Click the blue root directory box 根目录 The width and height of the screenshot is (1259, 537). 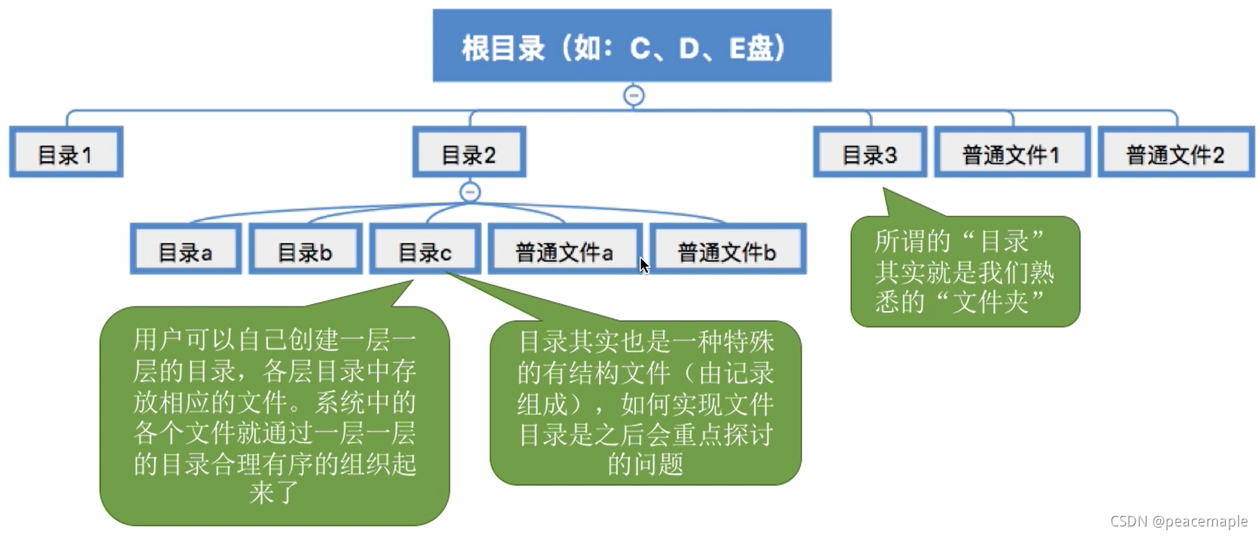[631, 45]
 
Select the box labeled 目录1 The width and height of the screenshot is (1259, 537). [66, 153]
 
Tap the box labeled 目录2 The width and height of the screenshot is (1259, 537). [469, 153]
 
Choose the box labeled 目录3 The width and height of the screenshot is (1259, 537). [869, 153]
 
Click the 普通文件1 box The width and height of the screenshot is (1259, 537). [1011, 153]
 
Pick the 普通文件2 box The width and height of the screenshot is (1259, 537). [1175, 153]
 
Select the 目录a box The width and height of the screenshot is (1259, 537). [185, 250]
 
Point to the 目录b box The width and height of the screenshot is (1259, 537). [305, 250]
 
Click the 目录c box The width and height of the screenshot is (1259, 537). [424, 250]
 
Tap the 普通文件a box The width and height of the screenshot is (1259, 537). [564, 250]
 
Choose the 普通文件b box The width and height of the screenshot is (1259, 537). [727, 250]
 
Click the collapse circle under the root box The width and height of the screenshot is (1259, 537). [634, 96]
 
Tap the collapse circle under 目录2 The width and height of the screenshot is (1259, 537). [470, 192]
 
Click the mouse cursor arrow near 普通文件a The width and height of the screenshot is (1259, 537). [643, 265]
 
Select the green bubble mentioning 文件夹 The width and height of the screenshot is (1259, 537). [965, 272]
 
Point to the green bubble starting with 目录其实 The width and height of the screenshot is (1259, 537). [646, 403]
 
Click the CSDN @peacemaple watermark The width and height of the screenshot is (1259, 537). [1178, 521]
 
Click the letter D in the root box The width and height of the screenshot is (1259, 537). [689, 48]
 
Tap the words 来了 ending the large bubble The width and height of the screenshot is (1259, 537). [274, 493]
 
